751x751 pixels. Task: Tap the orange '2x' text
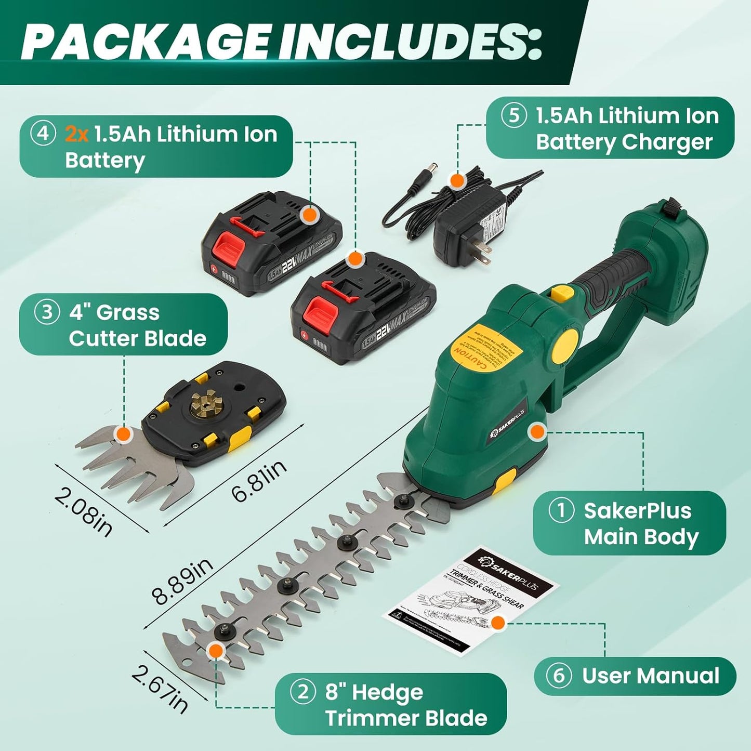point(77,135)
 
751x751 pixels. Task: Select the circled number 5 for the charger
point(513,116)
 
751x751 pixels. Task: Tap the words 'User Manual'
point(651,676)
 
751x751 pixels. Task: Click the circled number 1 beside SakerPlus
point(561,510)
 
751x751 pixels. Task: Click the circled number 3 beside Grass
point(47,312)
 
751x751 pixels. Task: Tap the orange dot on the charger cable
point(457,181)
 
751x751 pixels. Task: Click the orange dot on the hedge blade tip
point(215,650)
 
